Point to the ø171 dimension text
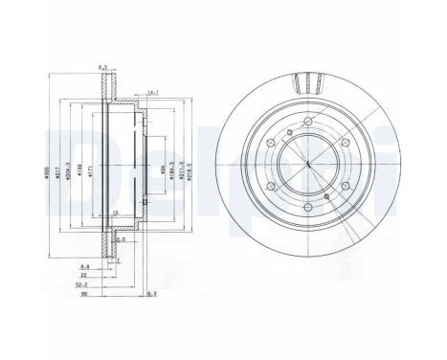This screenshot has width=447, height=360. click(88, 169)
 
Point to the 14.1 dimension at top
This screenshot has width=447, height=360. click(152, 92)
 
